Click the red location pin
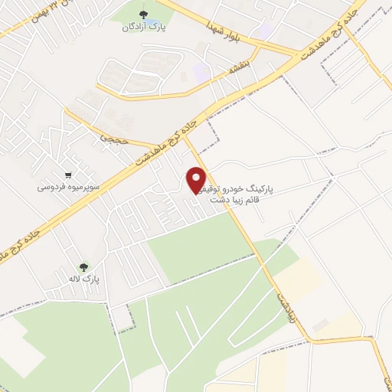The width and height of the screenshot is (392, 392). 196,179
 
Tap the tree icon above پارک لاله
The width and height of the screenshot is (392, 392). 83,266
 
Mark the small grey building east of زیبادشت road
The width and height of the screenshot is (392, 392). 320,325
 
